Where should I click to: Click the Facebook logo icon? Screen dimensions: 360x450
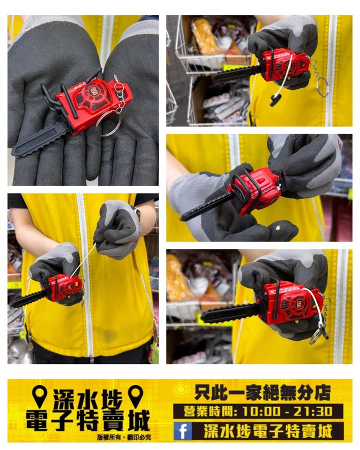pyautogui.click(x=182, y=431)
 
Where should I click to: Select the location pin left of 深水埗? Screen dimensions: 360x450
pyautogui.click(x=39, y=396)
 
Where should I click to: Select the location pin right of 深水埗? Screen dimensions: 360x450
pyautogui.click(x=135, y=396)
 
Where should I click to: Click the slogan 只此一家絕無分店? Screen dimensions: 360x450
pyautogui.click(x=262, y=392)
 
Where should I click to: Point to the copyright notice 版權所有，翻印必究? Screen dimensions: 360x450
pyautogui.click(x=123, y=437)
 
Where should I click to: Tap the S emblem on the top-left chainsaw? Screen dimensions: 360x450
pyautogui.click(x=93, y=92)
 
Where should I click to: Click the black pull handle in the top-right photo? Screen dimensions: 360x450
pyautogui.click(x=275, y=100)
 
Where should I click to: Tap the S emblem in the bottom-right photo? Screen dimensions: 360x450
pyautogui.click(x=299, y=304)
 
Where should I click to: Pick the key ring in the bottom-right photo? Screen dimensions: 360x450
pyautogui.click(x=316, y=336)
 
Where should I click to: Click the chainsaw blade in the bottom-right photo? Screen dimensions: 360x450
pyautogui.click(x=230, y=313)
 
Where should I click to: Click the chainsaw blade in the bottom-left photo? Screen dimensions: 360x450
pyautogui.click(x=28, y=298)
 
